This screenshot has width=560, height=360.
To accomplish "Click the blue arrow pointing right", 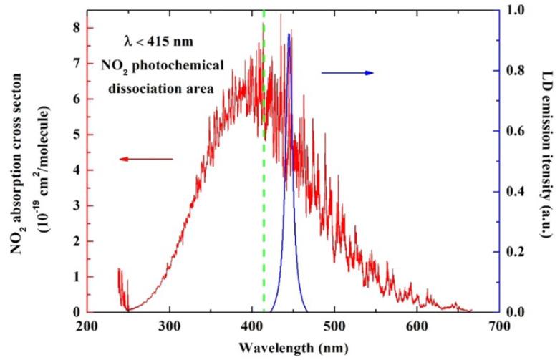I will pos(347,73).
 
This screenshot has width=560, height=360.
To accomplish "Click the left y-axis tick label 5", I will pos(74,135).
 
